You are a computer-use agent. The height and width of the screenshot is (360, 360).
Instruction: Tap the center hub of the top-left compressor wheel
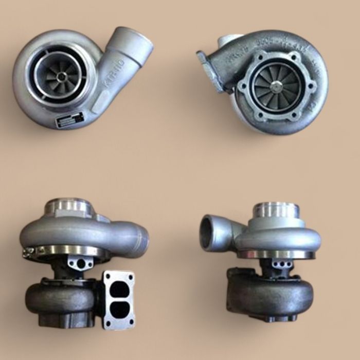(62, 77)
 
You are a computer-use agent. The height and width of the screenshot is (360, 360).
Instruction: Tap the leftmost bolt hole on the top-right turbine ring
(243, 87)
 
